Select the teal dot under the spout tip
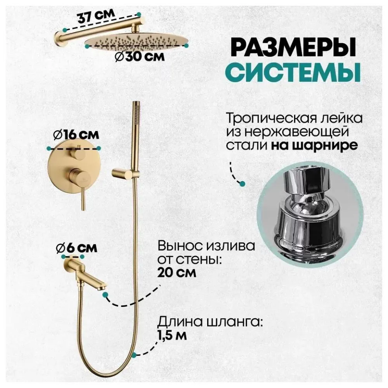[105, 295]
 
